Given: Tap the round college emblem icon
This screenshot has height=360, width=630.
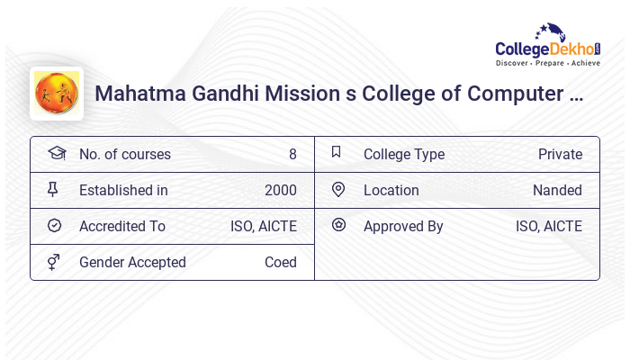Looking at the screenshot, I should point(56,93).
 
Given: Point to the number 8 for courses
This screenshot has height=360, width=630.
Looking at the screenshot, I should point(292,154).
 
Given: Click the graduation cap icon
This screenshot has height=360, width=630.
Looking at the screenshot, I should point(56,153).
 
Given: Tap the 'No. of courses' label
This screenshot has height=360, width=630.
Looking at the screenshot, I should point(125,154).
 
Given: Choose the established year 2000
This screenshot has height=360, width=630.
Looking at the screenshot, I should point(280,190).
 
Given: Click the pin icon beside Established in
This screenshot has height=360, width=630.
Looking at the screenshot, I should point(53,189).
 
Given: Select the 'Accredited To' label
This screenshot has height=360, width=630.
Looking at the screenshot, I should point(122,226).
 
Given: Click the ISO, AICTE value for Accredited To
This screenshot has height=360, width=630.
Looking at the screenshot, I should point(264,226).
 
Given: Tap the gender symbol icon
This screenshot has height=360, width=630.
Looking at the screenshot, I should point(54,262).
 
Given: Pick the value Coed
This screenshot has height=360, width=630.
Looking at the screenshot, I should point(280,262).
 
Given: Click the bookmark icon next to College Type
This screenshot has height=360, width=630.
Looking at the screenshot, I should point(337,152).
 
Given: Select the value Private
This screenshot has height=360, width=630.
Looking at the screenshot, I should point(560,154).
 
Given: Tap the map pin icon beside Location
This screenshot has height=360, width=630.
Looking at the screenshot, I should point(338,189).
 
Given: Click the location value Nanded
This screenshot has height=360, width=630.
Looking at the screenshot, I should point(557,190).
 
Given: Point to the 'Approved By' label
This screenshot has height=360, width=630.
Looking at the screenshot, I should point(403,226).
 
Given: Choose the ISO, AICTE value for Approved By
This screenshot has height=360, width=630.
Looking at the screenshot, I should point(549,226).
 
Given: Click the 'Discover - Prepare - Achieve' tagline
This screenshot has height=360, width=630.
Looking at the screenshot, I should point(547,64).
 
